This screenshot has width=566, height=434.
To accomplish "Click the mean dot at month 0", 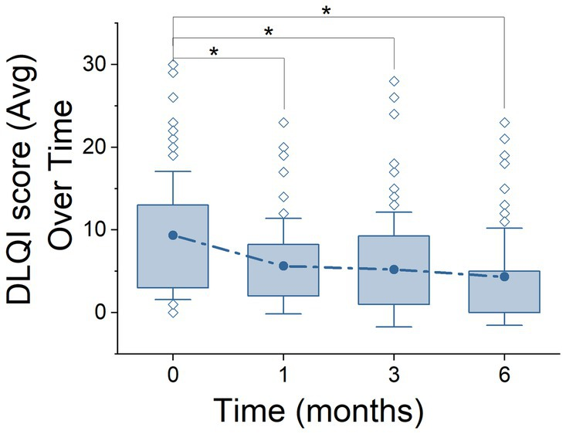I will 173,235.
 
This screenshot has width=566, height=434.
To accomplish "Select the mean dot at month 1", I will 283,266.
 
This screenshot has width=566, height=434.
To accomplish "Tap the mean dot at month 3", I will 395,270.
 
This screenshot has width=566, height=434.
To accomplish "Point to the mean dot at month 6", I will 505,276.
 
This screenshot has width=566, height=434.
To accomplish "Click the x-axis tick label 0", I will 173,372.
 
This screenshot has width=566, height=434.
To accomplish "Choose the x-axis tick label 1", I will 283,372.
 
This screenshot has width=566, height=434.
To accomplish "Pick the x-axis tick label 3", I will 395,372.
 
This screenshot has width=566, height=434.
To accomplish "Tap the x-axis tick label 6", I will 505,372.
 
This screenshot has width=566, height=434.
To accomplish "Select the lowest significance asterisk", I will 214,53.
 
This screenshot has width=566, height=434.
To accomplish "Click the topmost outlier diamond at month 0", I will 173,64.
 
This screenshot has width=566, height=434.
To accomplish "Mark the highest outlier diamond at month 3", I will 395,81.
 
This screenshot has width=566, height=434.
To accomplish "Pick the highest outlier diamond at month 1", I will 283,122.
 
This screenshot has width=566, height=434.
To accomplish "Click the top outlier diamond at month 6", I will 505,122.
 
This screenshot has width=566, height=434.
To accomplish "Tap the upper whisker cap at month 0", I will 173,171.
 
